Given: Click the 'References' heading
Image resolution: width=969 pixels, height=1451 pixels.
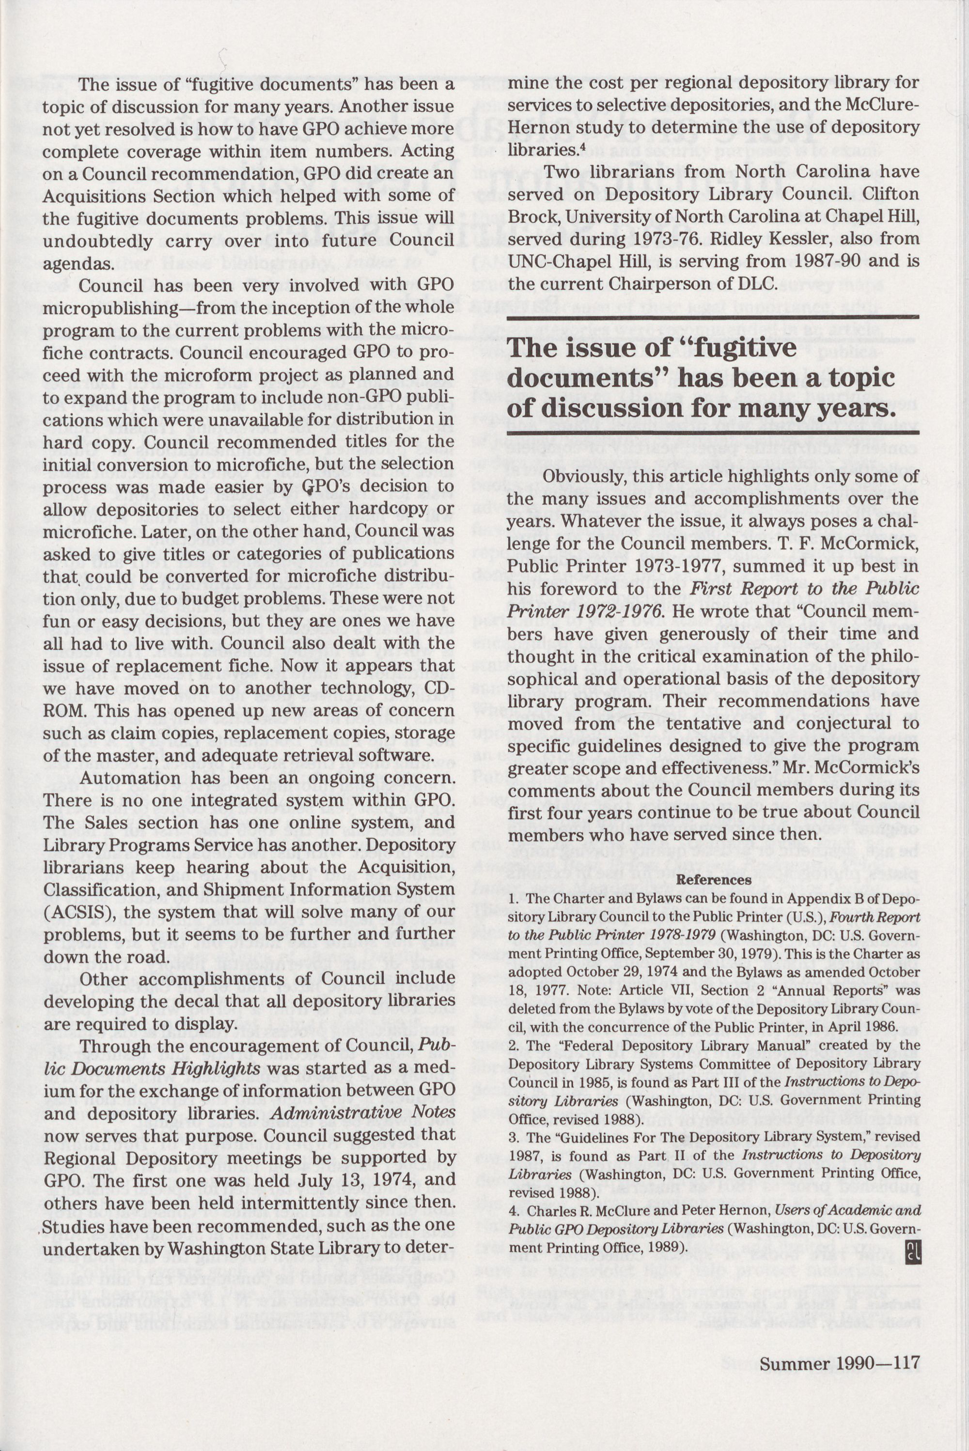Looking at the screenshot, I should point(714,879).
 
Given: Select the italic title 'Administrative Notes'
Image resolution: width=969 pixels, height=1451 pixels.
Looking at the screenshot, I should point(363,1112).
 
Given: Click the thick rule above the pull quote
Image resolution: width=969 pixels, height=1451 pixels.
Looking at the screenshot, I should point(713,317).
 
